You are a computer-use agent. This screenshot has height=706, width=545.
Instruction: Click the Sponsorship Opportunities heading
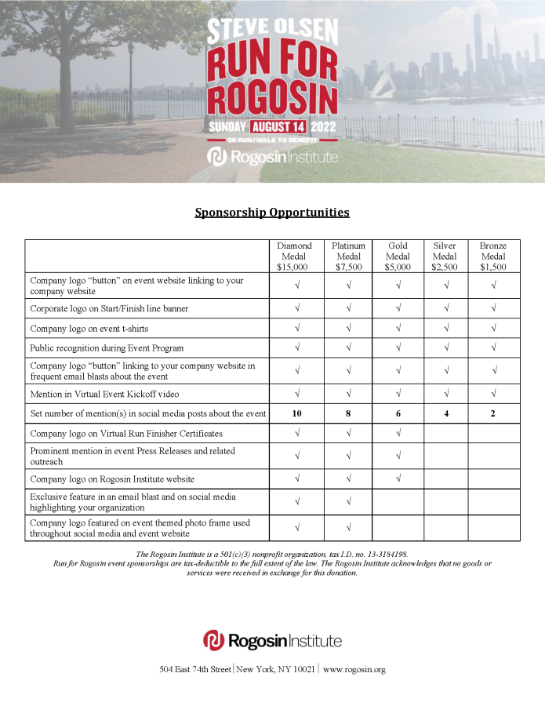click(x=272, y=213)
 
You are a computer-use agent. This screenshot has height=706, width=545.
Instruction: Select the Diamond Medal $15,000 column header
click(x=294, y=256)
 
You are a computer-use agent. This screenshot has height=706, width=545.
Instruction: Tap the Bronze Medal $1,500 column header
click(x=493, y=256)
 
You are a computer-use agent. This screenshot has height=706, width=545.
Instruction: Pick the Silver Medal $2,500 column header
click(x=445, y=256)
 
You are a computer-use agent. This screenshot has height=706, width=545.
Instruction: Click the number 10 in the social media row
click(x=296, y=413)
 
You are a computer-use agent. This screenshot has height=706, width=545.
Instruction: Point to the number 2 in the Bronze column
click(x=493, y=413)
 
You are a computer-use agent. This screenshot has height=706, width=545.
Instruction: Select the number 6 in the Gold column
click(x=398, y=413)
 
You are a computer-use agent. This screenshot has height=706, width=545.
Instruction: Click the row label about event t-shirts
click(x=89, y=329)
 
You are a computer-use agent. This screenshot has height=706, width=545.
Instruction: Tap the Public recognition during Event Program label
click(x=107, y=348)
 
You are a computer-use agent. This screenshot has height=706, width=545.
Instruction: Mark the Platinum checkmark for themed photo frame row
click(x=347, y=528)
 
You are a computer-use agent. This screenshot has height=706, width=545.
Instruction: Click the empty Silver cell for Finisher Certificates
click(x=445, y=433)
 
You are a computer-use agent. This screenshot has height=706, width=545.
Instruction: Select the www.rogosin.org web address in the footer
click(x=354, y=669)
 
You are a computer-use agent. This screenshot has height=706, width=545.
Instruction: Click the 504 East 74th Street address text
click(x=195, y=669)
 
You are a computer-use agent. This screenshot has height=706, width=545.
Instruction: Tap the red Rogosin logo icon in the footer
click(x=213, y=640)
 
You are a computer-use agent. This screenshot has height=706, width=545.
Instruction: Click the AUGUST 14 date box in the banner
click(x=278, y=126)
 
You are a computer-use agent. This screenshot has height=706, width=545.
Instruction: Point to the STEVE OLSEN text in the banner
click(x=272, y=31)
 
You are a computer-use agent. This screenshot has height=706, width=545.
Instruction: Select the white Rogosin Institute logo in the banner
click(x=272, y=157)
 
